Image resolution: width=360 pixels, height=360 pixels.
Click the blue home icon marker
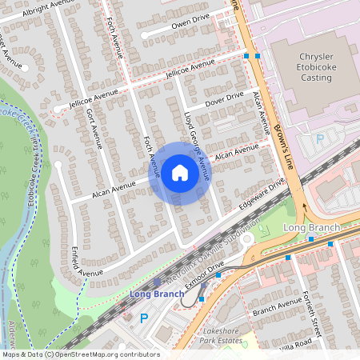point(179,173)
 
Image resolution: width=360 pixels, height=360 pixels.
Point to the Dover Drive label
point(224,98)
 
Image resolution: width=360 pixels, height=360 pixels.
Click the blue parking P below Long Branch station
point(145,318)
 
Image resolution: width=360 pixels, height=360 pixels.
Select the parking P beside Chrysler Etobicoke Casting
point(320,139)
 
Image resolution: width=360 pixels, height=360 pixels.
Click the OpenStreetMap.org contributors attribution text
point(108,354)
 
